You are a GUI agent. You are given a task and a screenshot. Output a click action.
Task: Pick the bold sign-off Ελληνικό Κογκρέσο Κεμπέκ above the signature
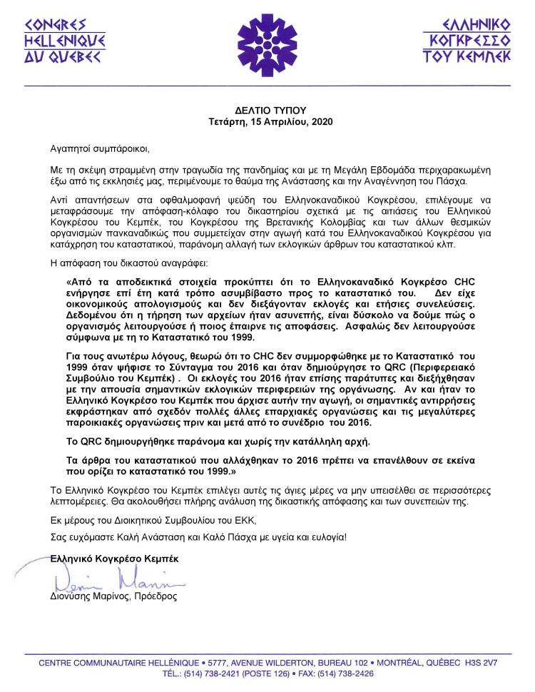pyautogui.click(x=114, y=559)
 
